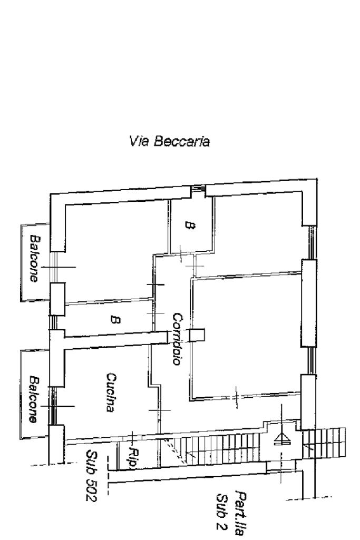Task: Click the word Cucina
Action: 111,392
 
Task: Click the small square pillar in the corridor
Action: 196,335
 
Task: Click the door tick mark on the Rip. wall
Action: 131,436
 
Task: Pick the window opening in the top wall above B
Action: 199,189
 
